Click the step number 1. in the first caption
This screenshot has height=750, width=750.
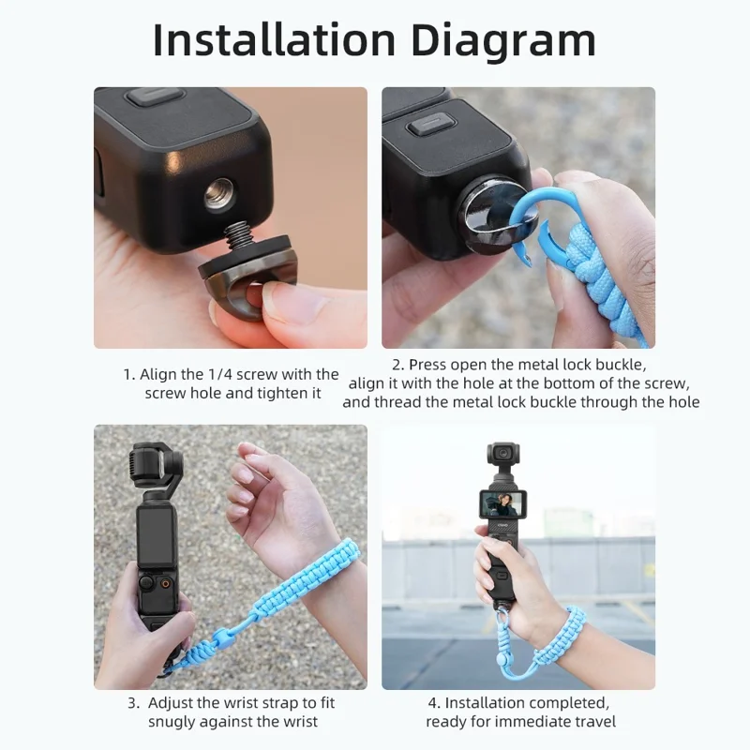(x=129, y=374)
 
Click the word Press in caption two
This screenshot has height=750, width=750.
(x=427, y=364)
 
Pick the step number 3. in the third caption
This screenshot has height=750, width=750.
(x=134, y=702)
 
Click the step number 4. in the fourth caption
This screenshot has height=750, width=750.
(x=434, y=702)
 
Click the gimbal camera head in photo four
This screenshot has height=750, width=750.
(x=504, y=457)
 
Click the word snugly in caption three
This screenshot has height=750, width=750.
(x=175, y=721)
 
